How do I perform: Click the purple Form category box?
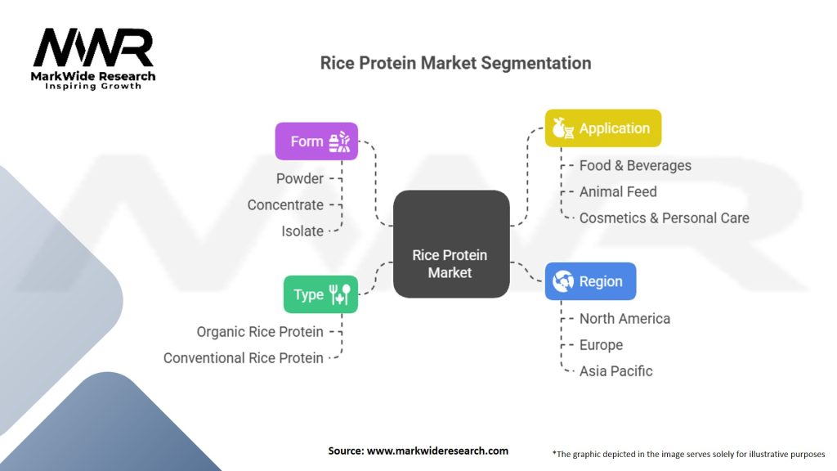point(316,141)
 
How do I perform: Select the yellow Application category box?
point(603,128)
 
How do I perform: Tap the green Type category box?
point(320,294)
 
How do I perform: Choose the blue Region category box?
point(590,281)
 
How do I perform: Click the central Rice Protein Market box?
point(451,244)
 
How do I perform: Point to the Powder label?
point(300,178)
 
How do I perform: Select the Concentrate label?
point(285,205)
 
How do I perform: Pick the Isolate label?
point(302,231)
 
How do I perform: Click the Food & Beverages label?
point(635,165)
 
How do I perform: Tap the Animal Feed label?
point(618,191)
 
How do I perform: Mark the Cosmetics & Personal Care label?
point(665,218)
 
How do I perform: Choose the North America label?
point(625,319)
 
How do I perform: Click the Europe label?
point(601,345)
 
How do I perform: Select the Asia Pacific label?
point(616,371)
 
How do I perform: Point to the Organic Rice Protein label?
point(260,332)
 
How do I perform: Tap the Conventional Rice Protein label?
point(244,358)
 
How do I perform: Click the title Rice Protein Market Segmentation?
point(456,63)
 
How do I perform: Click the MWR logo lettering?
point(93,47)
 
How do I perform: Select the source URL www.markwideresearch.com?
point(438,451)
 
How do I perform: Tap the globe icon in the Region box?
point(562,281)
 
